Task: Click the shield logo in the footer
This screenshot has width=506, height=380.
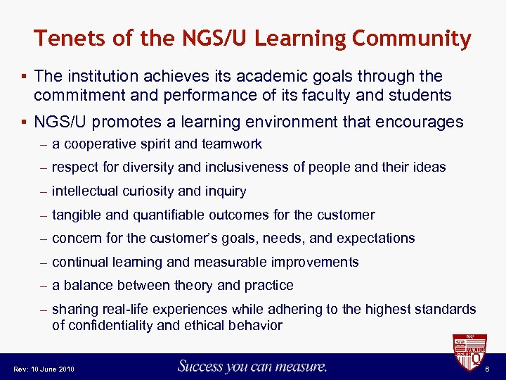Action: point(469,354)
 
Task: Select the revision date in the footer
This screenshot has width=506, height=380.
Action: point(44,369)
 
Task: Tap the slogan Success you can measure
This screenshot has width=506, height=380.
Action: point(252,366)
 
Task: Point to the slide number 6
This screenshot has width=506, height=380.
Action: point(495,369)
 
